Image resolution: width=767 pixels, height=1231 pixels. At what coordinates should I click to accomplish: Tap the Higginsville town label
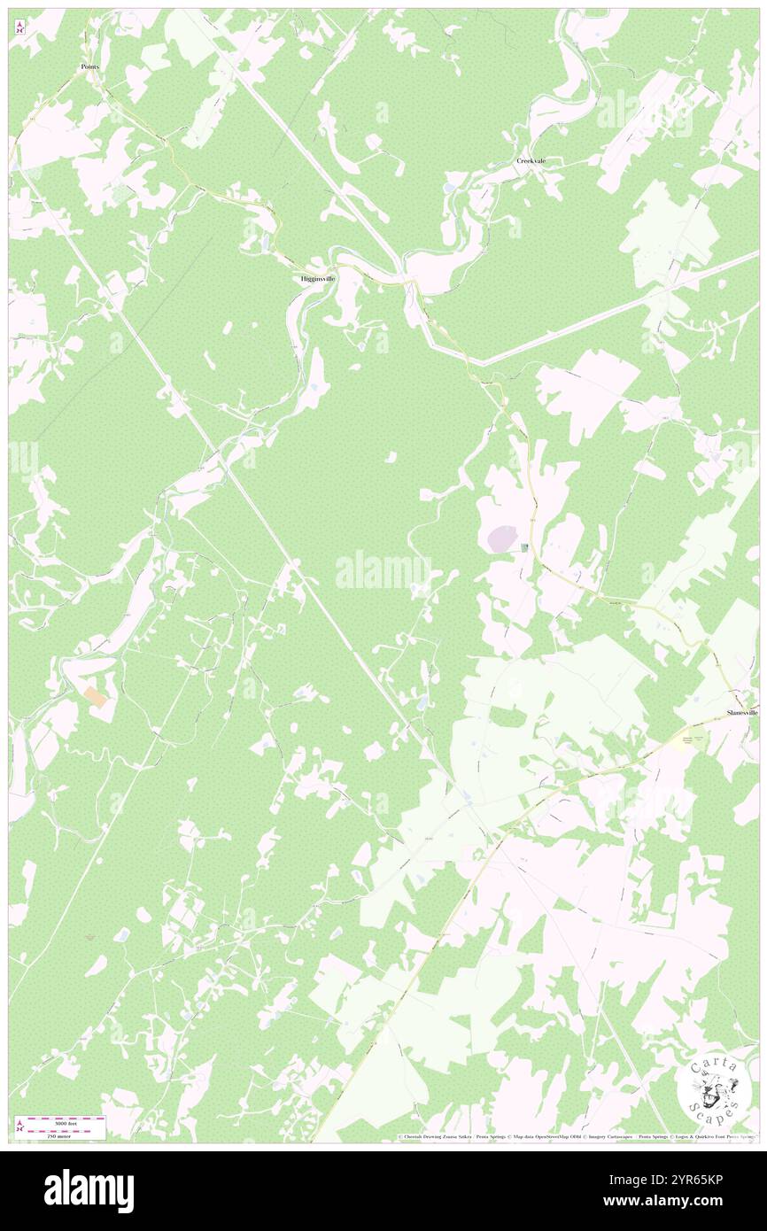tap(317, 278)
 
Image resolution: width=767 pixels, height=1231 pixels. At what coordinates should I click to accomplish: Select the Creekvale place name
tap(531, 161)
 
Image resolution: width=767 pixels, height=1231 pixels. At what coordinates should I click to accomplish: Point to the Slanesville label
tap(741, 712)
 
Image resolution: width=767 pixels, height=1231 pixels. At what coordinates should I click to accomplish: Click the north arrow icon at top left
tap(20, 27)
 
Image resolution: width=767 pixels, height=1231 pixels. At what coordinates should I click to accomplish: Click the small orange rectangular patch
tap(97, 697)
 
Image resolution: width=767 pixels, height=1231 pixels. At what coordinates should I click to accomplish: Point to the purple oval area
tap(502, 538)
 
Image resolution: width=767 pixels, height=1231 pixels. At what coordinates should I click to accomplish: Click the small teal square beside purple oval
tap(525, 548)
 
